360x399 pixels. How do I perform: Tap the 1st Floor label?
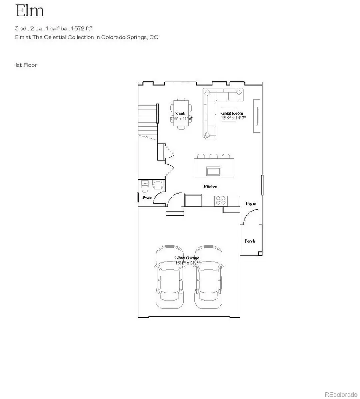pos(26,65)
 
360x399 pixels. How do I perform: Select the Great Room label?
pos(232,113)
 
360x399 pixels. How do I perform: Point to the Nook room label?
pos(180,114)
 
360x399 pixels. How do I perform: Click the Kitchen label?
pos(210,187)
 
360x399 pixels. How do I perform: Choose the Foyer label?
pos(251,203)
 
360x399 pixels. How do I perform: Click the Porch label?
pos(250,241)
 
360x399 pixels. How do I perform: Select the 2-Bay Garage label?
pos(186,258)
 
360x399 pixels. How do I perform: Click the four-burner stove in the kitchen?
pos(220,200)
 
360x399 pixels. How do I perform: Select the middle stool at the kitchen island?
pos(213,156)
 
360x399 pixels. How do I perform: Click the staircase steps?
pos(147,120)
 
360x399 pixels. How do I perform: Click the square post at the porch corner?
pos(260,253)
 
